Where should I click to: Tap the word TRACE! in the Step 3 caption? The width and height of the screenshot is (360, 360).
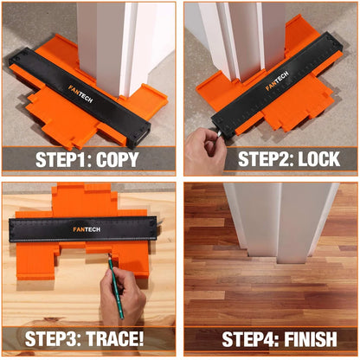pyautogui.click(x=126, y=339)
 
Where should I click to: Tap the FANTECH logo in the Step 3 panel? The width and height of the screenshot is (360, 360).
pyautogui.click(x=87, y=230)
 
